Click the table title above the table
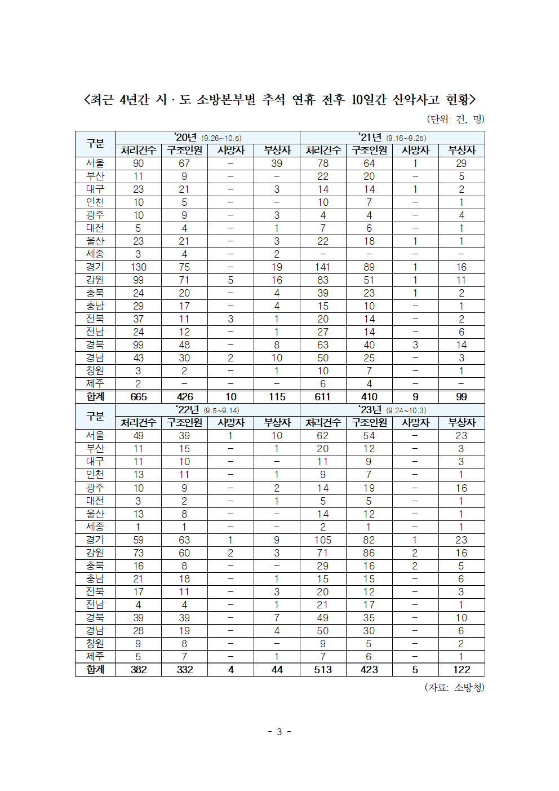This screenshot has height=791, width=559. pyautogui.click(x=279, y=100)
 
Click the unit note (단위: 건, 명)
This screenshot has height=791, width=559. pyautogui.click(x=455, y=119)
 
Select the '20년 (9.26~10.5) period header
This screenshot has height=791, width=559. pyautogui.click(x=207, y=138)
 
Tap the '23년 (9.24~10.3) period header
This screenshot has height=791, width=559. pyautogui.click(x=392, y=410)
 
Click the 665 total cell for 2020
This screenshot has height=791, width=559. pyautogui.click(x=138, y=397)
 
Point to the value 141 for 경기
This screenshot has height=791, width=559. pyautogui.click(x=323, y=267)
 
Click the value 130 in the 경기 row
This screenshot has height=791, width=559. pyautogui.click(x=138, y=267)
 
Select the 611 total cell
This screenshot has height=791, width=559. pyautogui.click(x=323, y=397)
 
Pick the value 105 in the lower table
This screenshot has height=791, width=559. pyautogui.click(x=323, y=540)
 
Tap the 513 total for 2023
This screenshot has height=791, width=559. pyautogui.click(x=323, y=670)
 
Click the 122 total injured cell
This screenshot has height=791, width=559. pyautogui.click(x=462, y=670)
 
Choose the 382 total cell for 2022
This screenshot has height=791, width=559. pyautogui.click(x=138, y=670)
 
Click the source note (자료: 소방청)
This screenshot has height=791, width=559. pyautogui.click(x=454, y=687)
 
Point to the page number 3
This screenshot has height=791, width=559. pyautogui.click(x=279, y=732)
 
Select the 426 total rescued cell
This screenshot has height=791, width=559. pyautogui.click(x=184, y=397)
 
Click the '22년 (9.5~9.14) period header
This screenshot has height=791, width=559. pyautogui.click(x=207, y=410)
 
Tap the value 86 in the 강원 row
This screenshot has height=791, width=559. pyautogui.click(x=369, y=553)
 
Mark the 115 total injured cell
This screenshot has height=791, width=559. pyautogui.click(x=277, y=397)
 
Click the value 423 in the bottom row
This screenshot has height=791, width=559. pyautogui.click(x=369, y=670)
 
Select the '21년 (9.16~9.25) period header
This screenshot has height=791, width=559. pyautogui.click(x=392, y=138)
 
